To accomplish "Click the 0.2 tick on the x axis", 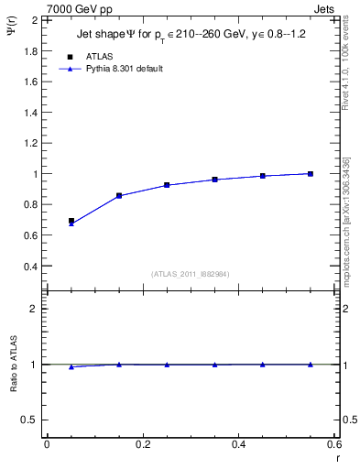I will (x=142, y=444).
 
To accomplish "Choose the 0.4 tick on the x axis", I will (x=238, y=444).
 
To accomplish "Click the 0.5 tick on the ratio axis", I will (x=30, y=420).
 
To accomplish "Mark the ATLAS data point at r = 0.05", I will (x=71, y=221).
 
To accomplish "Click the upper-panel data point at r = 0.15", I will (x=119, y=195).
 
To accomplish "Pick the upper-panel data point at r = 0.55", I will (x=311, y=173).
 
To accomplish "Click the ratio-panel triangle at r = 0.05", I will (x=71, y=366).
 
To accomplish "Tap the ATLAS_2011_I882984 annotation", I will (x=190, y=274).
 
